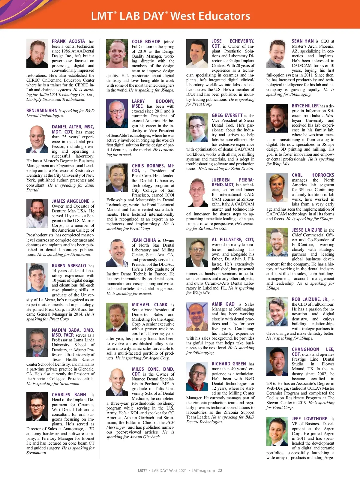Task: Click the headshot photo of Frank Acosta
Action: pos(37,54)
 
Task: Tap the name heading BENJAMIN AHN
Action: pos(42,111)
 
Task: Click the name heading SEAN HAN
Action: pos(303,41)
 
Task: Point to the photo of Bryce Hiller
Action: pos(277,118)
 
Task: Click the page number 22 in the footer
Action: pos(220,470)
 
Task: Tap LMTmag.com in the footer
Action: pos(203,470)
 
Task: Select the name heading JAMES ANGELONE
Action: pos(70,201)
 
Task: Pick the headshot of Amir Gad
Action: pos(197,316)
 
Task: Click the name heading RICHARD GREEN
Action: pos(229,364)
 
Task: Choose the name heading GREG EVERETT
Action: pos(227,115)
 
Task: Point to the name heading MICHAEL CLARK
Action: pos(149,305)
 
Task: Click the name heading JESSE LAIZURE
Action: pos(307,230)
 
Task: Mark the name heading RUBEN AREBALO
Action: pos(69,266)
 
